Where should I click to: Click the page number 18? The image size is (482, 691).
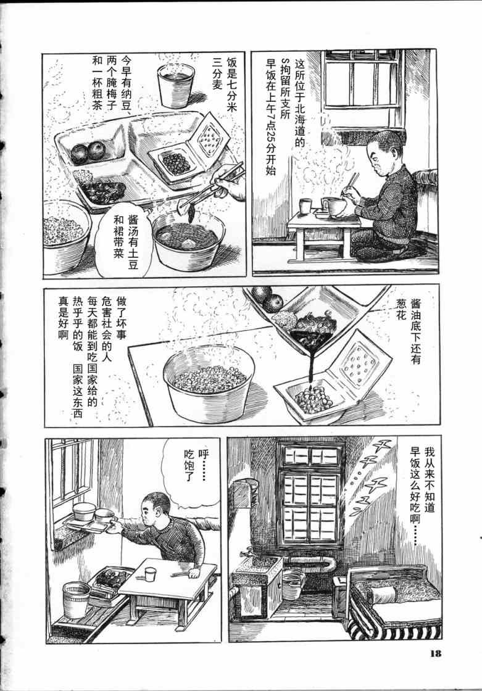tap(436, 653)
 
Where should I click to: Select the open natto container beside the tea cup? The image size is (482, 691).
tap(189, 150)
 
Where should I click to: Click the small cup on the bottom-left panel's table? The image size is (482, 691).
tap(151, 574)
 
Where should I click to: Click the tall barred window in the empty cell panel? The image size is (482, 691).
tap(310, 496)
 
